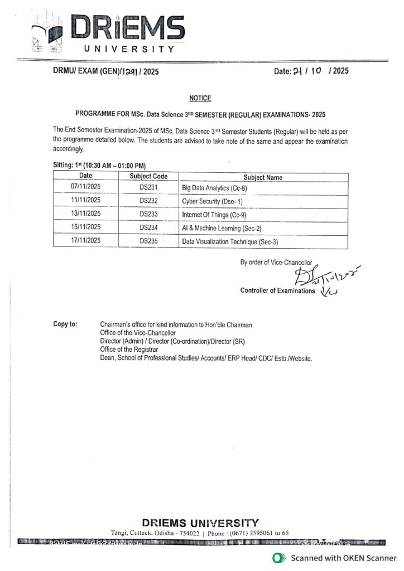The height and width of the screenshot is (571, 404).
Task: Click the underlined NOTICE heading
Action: [x=200, y=98]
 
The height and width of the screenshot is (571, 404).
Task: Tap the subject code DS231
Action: [x=148, y=188]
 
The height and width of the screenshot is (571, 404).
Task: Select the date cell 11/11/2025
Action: [x=85, y=200]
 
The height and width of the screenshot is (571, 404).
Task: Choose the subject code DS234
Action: [x=148, y=228]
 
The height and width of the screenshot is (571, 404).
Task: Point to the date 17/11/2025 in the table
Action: [x=85, y=241]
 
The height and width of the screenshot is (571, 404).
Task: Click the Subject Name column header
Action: [x=263, y=177]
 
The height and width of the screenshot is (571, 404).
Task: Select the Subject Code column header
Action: [x=148, y=176]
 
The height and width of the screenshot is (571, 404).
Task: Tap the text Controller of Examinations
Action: [x=277, y=291]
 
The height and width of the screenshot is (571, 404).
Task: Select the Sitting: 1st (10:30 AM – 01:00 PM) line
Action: [x=99, y=166]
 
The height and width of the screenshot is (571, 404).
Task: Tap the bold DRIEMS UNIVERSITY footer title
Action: [x=200, y=522]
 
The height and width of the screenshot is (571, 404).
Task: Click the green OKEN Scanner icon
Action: [x=276, y=558]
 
